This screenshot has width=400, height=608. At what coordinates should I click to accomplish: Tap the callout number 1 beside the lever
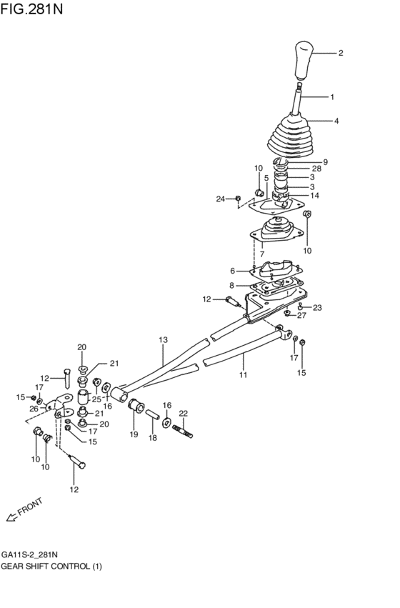(331, 96)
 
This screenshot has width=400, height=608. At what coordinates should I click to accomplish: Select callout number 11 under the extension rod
(243, 375)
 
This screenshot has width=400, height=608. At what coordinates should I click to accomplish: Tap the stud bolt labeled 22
(184, 432)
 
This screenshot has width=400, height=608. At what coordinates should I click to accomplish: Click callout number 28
(316, 169)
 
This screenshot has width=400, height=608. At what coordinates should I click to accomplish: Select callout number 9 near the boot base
(324, 161)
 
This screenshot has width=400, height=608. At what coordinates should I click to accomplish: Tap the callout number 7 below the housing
(262, 254)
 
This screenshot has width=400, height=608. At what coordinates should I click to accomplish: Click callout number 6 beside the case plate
(232, 271)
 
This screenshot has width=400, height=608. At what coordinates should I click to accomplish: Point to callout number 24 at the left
(221, 198)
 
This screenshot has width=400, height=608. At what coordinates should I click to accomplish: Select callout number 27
(301, 315)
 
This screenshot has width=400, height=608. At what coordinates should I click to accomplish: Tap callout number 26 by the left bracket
(34, 409)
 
